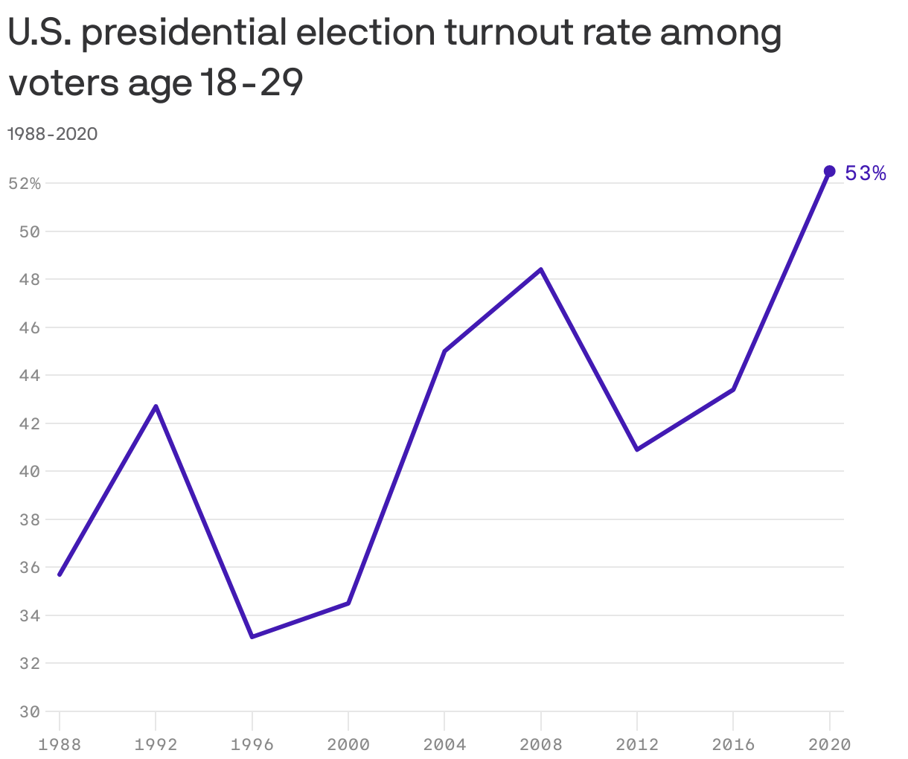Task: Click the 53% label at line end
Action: (x=866, y=173)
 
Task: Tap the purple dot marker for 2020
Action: (x=829, y=171)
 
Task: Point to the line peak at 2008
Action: (x=541, y=269)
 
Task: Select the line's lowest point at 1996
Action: (x=252, y=637)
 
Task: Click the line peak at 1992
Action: (x=156, y=406)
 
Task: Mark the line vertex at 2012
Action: (x=637, y=449)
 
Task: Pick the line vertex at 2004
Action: (x=444, y=351)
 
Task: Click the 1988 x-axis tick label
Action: (x=60, y=744)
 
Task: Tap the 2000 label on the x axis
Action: (x=348, y=744)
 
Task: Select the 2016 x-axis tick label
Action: (x=733, y=744)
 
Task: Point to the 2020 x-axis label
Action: (x=829, y=744)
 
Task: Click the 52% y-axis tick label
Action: (x=25, y=184)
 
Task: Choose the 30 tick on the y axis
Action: (x=29, y=711)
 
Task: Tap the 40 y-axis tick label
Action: (x=29, y=472)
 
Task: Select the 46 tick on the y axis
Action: (x=29, y=327)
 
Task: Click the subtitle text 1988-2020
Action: (x=52, y=134)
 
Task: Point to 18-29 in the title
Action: (x=251, y=83)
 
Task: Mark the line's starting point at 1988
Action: (x=60, y=574)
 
